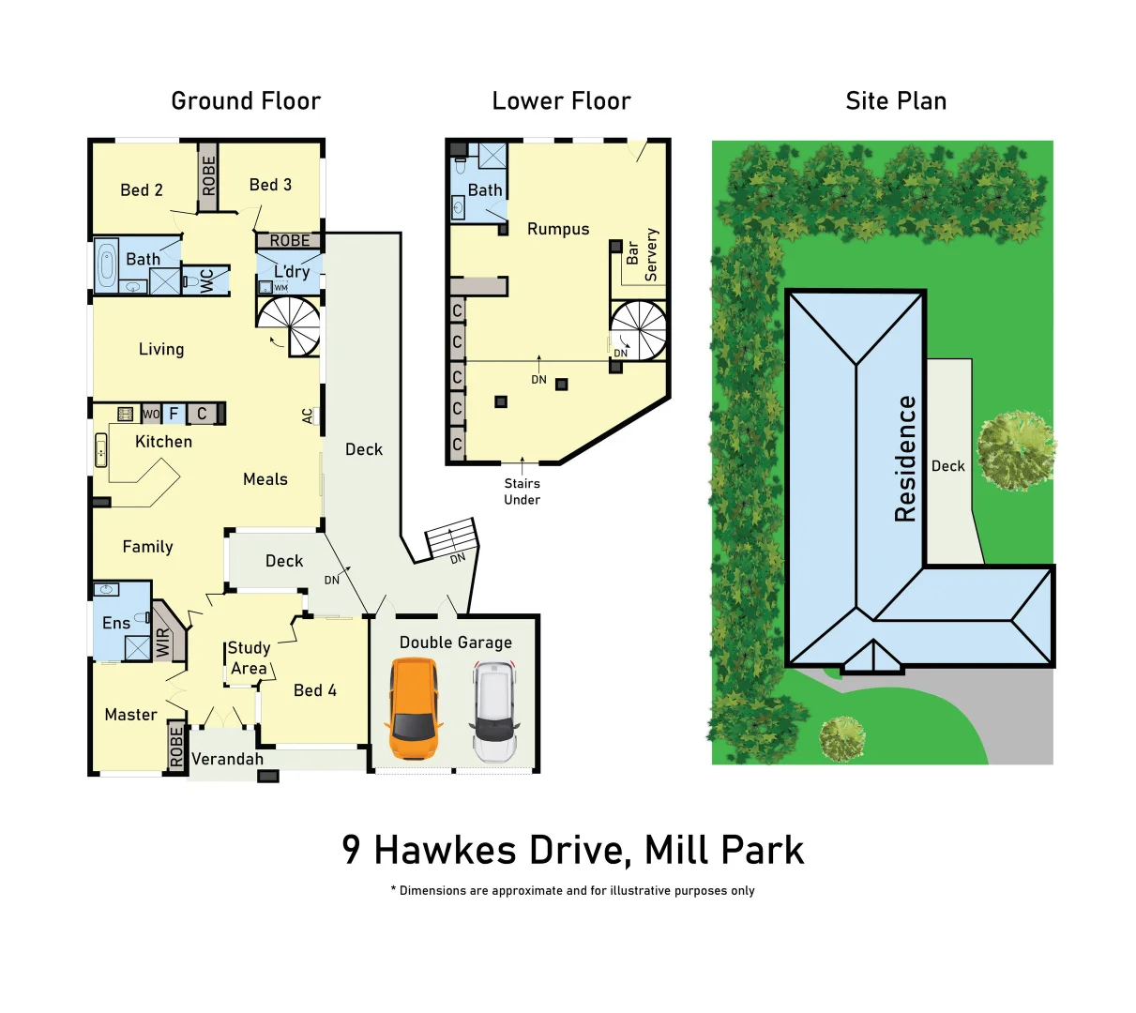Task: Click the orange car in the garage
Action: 414,708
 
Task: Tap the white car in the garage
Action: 493,711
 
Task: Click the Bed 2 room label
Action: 142,190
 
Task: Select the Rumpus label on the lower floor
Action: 558,229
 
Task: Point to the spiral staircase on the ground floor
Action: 291,325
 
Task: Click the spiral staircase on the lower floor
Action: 640,330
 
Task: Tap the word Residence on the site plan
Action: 905,459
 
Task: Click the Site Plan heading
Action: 896,101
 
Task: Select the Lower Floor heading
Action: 561,101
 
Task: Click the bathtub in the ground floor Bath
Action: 106,265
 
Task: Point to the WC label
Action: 206,280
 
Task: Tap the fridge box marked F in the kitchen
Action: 174,414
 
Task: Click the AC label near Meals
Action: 308,416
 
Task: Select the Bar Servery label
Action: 643,254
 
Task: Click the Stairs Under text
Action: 522,491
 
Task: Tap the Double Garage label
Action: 456,643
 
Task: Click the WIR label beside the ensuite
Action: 163,643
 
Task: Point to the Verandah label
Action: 227,759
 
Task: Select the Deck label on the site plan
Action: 947,466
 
